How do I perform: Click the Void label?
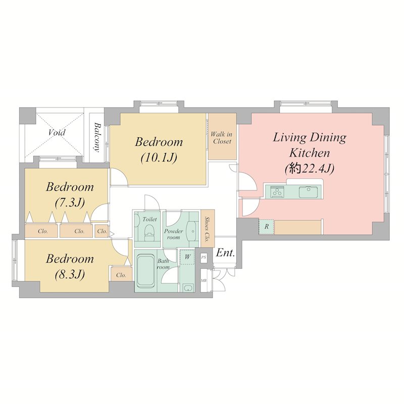pos(57,132)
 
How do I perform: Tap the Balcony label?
pos(97,137)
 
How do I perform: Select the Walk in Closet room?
pos(222,136)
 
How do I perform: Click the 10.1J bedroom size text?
pos(159,158)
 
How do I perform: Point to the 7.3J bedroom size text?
pos(70,203)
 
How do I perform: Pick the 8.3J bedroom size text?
pos(70,275)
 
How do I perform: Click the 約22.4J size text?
pos(310,169)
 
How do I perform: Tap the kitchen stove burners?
pos(277,192)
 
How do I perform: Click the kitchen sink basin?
pos(308,192)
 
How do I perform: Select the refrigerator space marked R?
pos(267,226)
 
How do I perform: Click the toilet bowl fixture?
pos(149,231)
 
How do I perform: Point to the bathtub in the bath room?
pos(145,271)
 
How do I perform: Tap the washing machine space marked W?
pos(187,257)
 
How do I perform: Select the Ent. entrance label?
pos(225,253)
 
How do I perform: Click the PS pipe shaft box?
pos(204,257)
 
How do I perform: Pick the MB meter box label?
pos(204,280)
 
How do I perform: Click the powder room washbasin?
pos(192,231)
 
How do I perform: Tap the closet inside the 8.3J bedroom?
pos(121,274)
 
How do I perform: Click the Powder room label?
pos(173,234)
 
